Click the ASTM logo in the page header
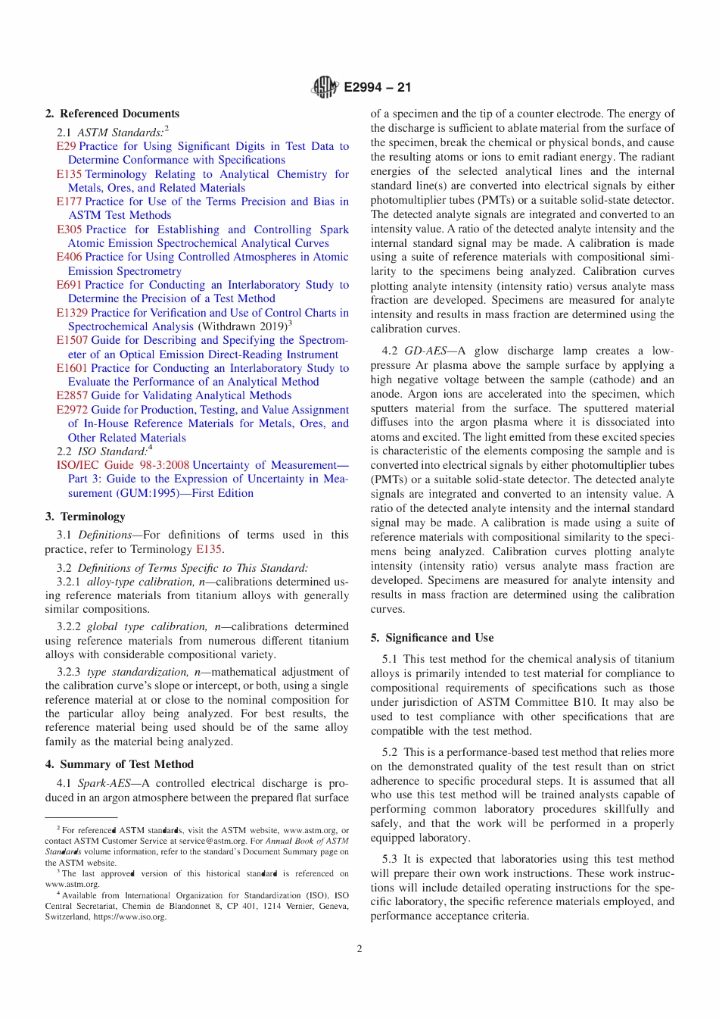[324, 87]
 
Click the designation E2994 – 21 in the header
[378, 87]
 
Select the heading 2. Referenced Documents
[112, 114]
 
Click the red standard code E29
[66, 146]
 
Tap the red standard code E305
[69, 230]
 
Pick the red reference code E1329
[72, 313]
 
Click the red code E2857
[72, 395]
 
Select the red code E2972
[72, 410]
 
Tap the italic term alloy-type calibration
[140, 582]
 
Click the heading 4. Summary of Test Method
[119, 764]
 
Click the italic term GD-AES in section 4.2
[425, 351]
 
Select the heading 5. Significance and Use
[431, 638]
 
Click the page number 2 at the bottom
[359, 948]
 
